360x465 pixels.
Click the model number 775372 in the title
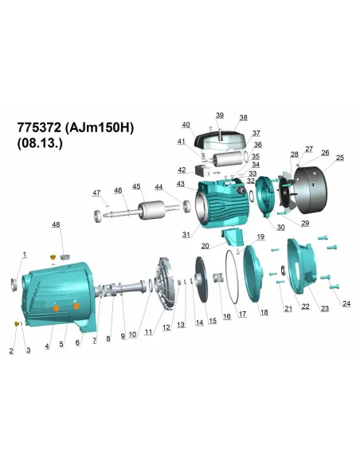[x=39, y=128]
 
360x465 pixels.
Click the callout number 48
[x=56, y=225]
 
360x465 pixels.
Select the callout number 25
[x=339, y=158]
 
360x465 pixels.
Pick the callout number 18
[x=264, y=312]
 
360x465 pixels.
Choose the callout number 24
[x=346, y=303]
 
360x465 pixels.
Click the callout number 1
[x=25, y=254]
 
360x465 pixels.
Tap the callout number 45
[x=136, y=186]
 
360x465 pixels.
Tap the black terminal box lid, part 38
[x=215, y=141]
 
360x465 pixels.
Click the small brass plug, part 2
[x=17, y=323]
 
